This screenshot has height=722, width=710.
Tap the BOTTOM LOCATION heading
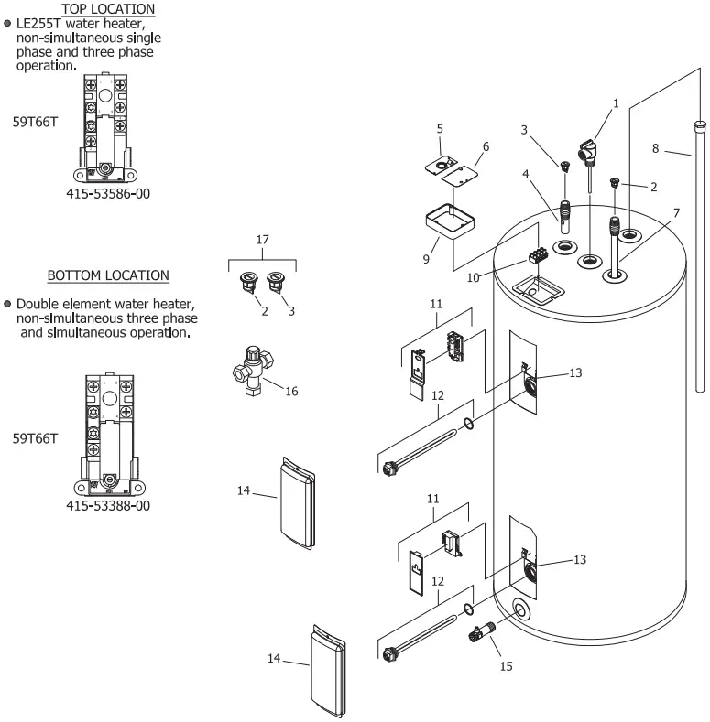[108, 275]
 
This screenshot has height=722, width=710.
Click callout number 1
[617, 103]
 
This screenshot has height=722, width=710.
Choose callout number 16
[291, 392]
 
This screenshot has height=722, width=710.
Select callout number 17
[263, 240]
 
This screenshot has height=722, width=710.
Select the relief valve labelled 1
[586, 146]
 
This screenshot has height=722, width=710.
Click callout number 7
[675, 212]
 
